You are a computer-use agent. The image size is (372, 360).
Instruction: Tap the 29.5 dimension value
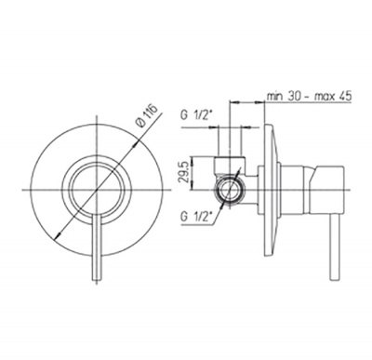coord(185,173)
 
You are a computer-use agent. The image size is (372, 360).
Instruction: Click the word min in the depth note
coord(275,96)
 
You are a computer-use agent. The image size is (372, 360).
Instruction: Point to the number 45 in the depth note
coord(345,96)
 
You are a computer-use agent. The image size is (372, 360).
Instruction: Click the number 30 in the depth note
coord(294,96)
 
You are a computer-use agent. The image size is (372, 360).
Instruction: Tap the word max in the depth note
coord(325,97)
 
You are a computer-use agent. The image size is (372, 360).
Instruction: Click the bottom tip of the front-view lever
coord(97,280)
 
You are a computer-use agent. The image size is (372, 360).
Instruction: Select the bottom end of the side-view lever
coord(334,279)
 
